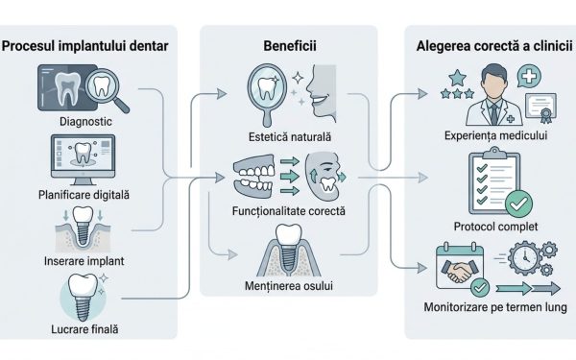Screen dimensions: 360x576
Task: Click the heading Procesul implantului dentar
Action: (x=88, y=45)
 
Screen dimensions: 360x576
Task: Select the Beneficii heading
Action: (x=290, y=45)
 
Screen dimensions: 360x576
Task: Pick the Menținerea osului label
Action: (x=290, y=287)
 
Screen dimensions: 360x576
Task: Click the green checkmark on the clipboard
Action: (x=517, y=204)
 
